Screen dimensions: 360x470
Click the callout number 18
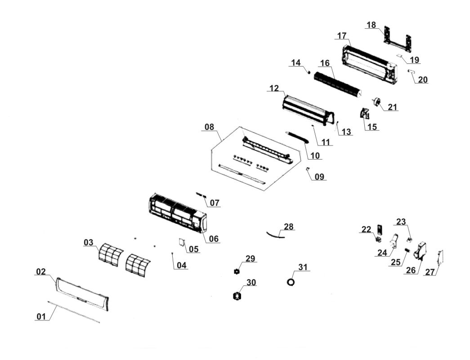371,25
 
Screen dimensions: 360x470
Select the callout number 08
209,127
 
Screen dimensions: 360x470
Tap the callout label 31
304,267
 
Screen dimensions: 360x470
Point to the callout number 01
41,316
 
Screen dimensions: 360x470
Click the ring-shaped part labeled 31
291,282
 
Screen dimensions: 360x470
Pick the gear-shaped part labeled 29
237,271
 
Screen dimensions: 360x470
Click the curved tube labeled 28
275,233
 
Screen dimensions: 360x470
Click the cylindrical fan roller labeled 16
337,84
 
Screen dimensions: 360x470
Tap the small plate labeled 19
401,57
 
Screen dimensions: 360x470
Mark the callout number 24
382,253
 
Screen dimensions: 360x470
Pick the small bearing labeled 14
309,72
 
